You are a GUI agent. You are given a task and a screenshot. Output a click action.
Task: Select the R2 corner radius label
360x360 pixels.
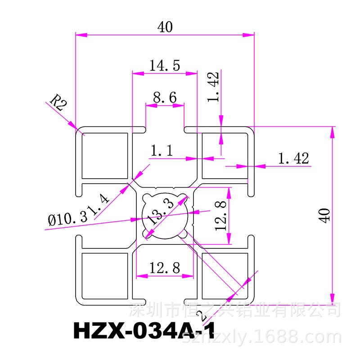tap(58, 102)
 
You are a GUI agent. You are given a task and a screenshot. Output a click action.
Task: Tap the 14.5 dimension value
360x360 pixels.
tap(165, 65)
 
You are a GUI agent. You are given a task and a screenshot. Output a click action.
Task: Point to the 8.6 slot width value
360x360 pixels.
tap(164, 97)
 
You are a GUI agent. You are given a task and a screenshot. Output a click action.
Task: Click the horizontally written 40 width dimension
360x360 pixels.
tap(165, 27)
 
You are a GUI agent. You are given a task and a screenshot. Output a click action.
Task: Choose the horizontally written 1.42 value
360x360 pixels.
tap(294, 158)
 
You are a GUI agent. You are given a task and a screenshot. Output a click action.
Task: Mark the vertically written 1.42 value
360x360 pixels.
tap(214, 87)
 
